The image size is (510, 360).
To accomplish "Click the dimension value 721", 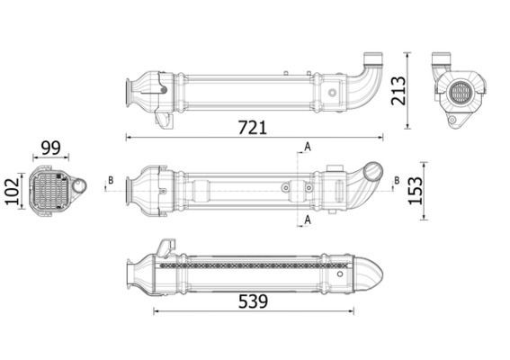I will [x=252, y=127].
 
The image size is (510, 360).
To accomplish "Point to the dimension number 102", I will [x=12, y=191].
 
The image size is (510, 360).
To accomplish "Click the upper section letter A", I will [x=307, y=147].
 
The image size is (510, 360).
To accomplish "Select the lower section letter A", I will [x=307, y=219].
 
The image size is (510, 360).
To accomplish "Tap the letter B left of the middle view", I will [x=110, y=181].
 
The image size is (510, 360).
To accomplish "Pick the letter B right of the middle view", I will [x=397, y=181].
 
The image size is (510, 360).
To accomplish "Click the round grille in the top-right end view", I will [x=460, y=93].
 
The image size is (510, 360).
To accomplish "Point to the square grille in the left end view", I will [x=49, y=190].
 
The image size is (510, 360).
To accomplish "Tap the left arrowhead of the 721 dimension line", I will [x=127, y=138].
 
